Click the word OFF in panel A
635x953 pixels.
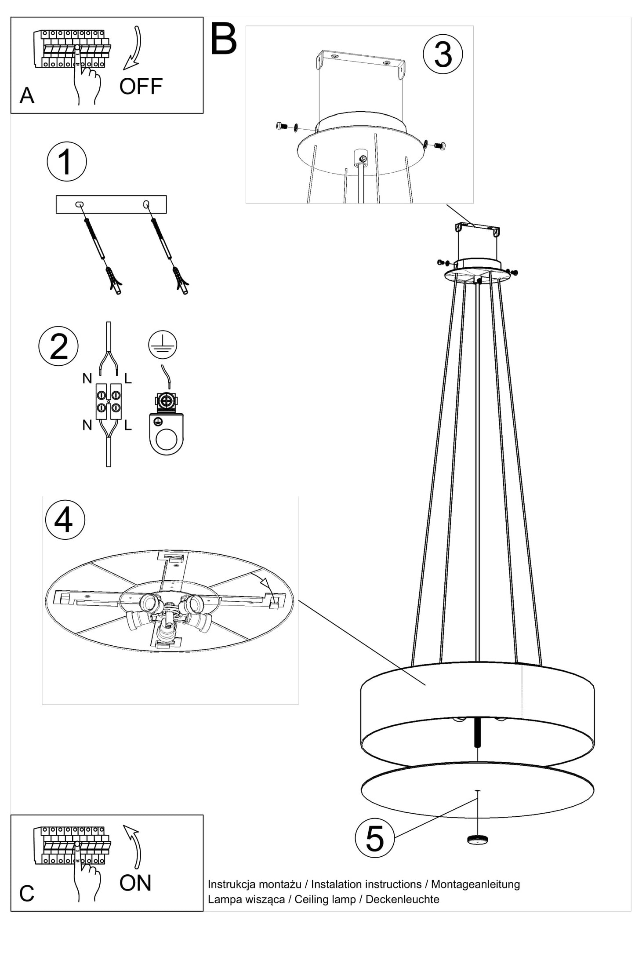click(x=141, y=87)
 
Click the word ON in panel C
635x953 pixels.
click(x=135, y=883)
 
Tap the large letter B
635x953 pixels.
click(x=224, y=40)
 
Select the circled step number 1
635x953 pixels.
click(x=67, y=161)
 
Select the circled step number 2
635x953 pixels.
click(x=58, y=346)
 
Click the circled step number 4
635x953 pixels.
click(x=65, y=520)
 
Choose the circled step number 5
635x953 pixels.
click(x=375, y=838)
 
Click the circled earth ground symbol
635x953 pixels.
click(x=163, y=344)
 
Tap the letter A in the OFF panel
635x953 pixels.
click(x=27, y=95)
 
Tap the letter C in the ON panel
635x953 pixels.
click(x=26, y=893)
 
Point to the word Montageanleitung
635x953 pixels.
click(x=475, y=884)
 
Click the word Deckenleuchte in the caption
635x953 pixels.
click(x=403, y=899)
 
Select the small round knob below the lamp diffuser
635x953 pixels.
click(x=478, y=840)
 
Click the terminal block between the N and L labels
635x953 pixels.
click(x=109, y=401)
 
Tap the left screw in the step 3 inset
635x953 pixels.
click(x=282, y=127)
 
